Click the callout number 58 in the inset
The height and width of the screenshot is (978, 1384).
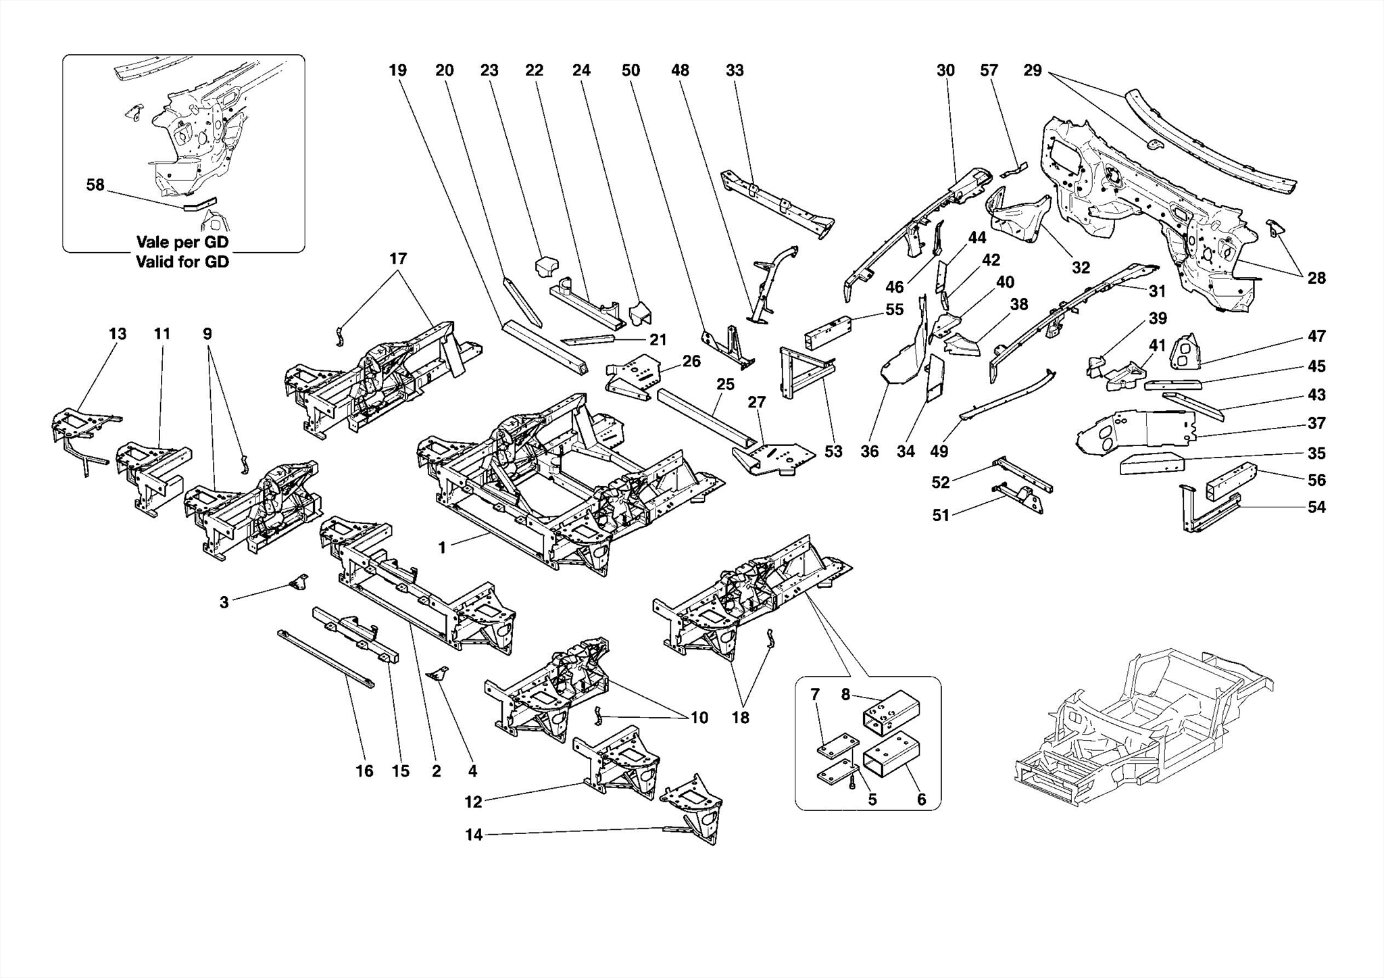pyautogui.click(x=95, y=185)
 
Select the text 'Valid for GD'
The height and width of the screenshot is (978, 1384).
pyautogui.click(x=182, y=262)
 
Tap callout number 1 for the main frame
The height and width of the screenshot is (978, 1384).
pyautogui.click(x=442, y=548)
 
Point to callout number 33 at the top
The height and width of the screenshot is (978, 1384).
pyautogui.click(x=735, y=70)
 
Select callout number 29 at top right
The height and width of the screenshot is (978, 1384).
pyautogui.click(x=1032, y=70)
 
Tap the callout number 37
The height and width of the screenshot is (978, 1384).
pyautogui.click(x=1316, y=423)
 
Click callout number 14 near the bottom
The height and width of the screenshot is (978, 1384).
pyautogui.click(x=474, y=835)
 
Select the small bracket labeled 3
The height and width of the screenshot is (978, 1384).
pyautogui.click(x=299, y=583)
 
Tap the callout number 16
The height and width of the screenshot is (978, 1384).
pyautogui.click(x=364, y=771)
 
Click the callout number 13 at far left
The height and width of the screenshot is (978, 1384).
pyautogui.click(x=117, y=334)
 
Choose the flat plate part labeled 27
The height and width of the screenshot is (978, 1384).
pyautogui.click(x=777, y=457)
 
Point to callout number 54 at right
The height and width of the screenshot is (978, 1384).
pyautogui.click(x=1316, y=507)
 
